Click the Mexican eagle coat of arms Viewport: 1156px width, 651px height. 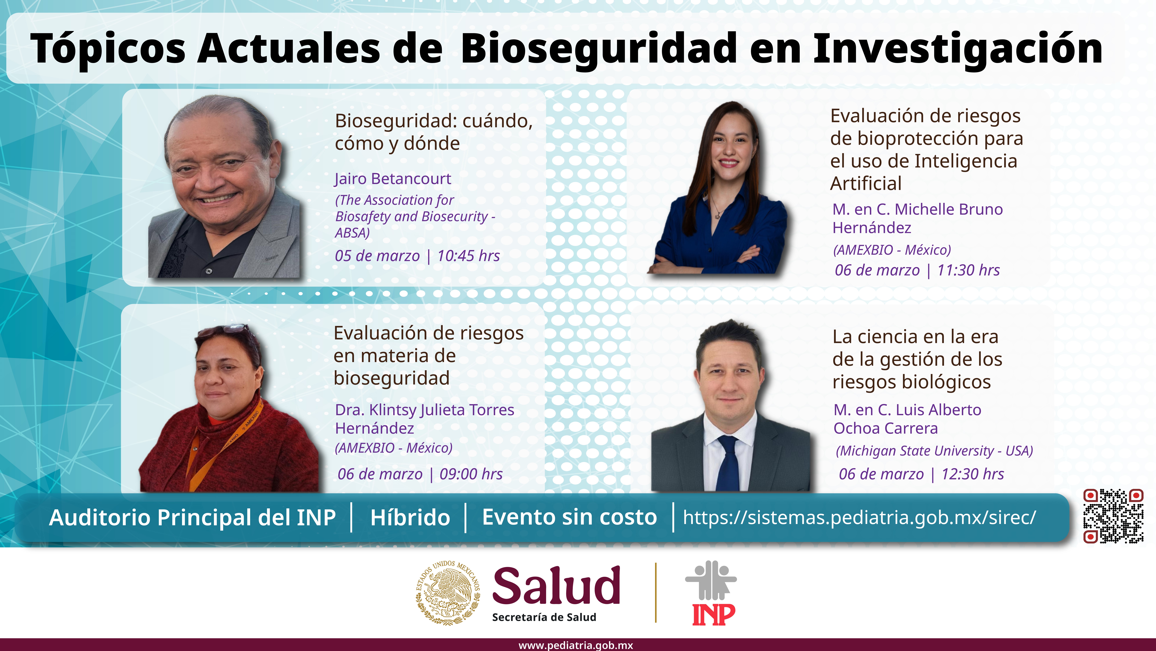pos(448,593)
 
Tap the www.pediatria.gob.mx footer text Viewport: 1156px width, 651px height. pos(576,645)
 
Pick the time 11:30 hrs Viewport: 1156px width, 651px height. pos(968,270)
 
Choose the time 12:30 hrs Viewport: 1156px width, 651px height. pos(972,474)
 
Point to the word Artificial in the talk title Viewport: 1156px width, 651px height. pos(866,183)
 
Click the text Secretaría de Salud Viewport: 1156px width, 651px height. pos(544,617)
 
